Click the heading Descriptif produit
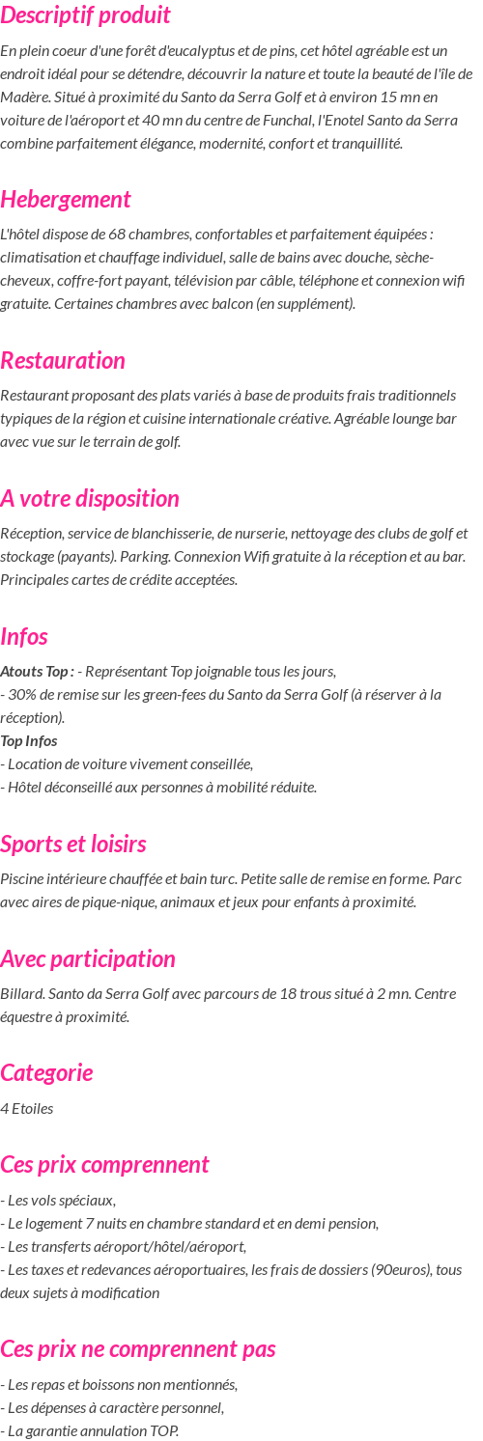tap(85, 15)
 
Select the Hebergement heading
tap(66, 200)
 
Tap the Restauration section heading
tap(63, 361)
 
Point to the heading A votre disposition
tap(90, 499)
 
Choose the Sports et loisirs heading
tap(73, 845)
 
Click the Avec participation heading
tap(88, 959)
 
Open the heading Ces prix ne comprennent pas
tap(138, 1349)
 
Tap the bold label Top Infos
tap(29, 741)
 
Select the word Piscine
tap(23, 879)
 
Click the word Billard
tap(22, 994)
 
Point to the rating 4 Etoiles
tap(27, 1109)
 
